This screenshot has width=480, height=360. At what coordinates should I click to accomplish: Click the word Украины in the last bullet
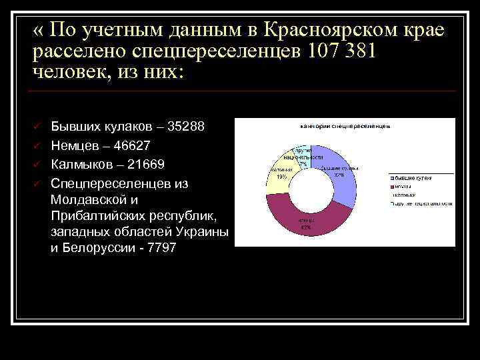click(x=206, y=231)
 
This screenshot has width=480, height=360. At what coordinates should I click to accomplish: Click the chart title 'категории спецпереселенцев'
click(x=345, y=125)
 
